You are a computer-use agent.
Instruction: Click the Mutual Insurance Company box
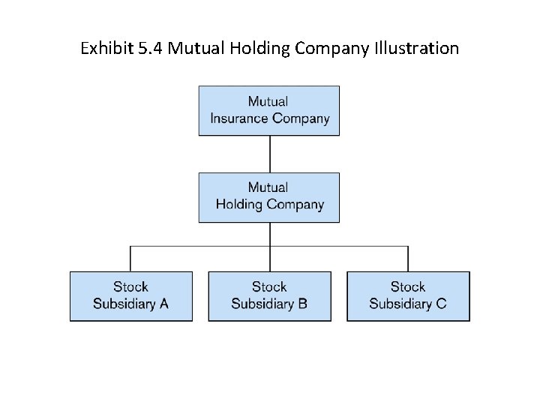[268, 110]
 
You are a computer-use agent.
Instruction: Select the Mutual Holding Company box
[268, 197]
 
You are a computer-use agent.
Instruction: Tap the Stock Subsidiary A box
[130, 296]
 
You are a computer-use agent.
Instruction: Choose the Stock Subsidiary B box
[269, 296]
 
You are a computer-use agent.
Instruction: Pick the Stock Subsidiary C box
[408, 296]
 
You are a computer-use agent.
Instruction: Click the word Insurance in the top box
[239, 118]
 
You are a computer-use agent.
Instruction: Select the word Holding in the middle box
[238, 205]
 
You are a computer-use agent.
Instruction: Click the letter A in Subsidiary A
[163, 304]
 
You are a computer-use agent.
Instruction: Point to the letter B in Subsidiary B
[302, 304]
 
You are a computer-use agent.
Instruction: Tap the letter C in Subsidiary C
[441, 304]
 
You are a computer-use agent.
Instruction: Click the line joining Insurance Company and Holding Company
[270, 154]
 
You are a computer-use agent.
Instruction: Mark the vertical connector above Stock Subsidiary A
[130, 259]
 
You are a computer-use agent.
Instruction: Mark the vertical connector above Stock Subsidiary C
[409, 259]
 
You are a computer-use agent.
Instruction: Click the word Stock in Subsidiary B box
[269, 287]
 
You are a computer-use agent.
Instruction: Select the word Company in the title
[332, 49]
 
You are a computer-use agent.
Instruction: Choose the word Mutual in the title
[191, 49]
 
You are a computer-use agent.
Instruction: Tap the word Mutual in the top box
[268, 102]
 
